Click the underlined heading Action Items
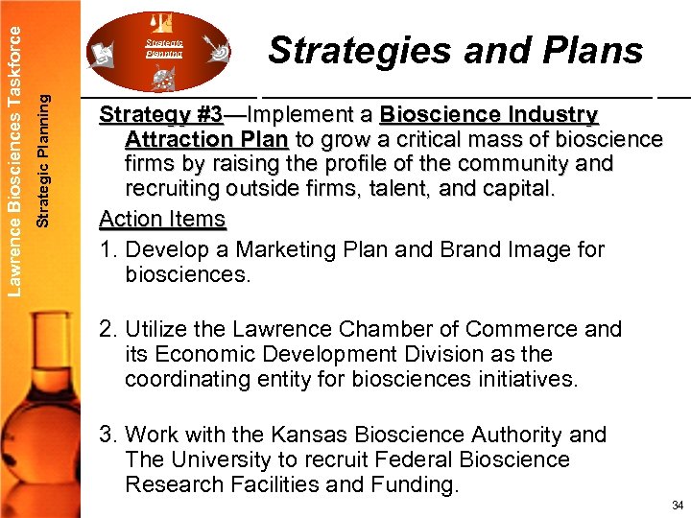click(162, 219)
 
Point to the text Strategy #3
click(160, 115)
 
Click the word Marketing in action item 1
click(289, 250)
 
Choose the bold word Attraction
click(180, 140)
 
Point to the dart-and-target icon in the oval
click(217, 45)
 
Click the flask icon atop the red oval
click(161, 20)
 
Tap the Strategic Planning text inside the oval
click(163, 48)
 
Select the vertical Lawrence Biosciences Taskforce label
click(12, 147)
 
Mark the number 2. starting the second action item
click(107, 329)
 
